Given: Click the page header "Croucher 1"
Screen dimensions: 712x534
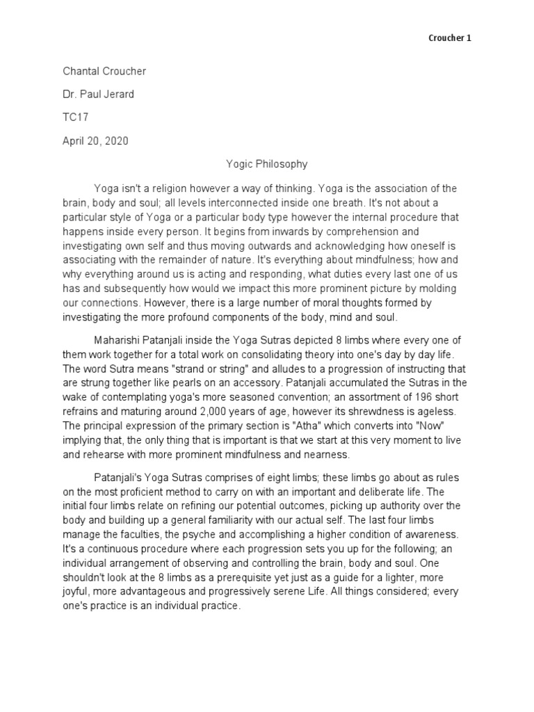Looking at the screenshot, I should (x=449, y=38).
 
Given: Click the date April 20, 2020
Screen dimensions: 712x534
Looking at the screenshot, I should (x=95, y=141).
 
